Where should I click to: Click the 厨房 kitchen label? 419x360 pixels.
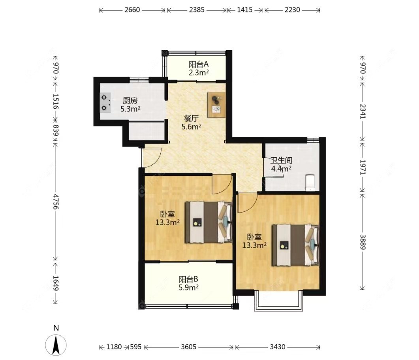point(130,100)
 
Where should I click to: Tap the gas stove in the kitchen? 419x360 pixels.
point(105,103)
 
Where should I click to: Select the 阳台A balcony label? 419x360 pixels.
point(199,64)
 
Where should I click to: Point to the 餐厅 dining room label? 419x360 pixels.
point(191,118)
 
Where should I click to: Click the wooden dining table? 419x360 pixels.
point(217,105)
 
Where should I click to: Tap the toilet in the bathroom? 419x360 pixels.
point(310,183)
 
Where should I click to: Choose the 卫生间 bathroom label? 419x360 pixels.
point(281,160)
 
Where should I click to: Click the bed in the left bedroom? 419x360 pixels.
point(209,222)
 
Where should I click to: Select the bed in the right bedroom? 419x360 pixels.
point(295,245)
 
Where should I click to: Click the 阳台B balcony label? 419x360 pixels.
point(188,279)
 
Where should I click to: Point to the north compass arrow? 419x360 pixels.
point(56,345)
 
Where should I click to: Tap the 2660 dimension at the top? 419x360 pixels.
point(132,10)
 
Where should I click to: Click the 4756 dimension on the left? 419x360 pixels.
point(56,202)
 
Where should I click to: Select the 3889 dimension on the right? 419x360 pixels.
point(363,242)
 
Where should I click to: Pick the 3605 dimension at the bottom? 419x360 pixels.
point(189,347)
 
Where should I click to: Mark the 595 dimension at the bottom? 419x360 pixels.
point(136,347)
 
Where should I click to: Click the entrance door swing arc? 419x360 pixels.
point(157,160)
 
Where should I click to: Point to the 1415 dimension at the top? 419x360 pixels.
point(245,10)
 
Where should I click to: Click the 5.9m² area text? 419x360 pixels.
point(188,288)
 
